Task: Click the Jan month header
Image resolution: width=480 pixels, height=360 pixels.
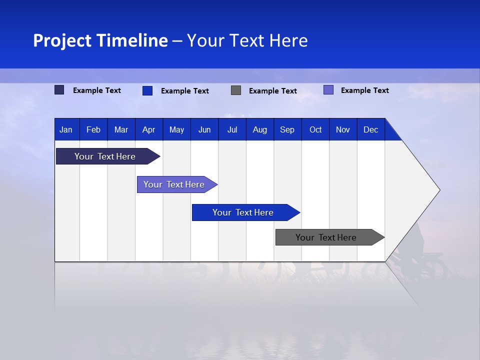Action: click(66, 129)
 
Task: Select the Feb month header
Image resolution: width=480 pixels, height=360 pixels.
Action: click(93, 129)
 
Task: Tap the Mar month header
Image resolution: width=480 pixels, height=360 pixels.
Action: click(121, 129)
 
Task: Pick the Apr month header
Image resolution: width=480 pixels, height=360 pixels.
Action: click(149, 129)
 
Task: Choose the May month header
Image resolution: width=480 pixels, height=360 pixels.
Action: click(176, 129)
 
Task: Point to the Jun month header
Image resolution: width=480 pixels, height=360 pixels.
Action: click(204, 129)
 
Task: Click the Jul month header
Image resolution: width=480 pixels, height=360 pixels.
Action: click(232, 129)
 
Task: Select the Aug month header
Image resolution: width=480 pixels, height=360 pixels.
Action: click(260, 129)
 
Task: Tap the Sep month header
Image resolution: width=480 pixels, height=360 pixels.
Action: click(287, 129)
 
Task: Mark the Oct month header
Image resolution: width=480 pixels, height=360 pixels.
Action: click(315, 129)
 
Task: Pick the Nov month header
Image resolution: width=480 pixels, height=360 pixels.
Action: click(343, 129)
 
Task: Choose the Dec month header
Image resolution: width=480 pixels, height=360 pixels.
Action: click(371, 129)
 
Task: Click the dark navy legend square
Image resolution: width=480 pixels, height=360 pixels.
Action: click(59, 90)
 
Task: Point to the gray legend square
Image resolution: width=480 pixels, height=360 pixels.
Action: click(236, 90)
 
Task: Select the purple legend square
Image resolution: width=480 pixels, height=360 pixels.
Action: click(328, 90)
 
